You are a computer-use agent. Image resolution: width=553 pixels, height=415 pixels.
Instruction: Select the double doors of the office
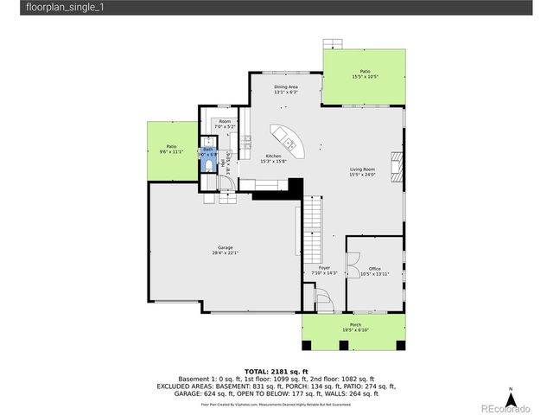point(353,259)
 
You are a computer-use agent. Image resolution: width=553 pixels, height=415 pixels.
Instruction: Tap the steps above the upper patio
point(332,42)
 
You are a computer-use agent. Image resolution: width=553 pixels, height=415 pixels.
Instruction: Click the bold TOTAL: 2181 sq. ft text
point(276,370)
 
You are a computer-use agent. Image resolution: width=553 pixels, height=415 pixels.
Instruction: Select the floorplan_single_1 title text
point(35,8)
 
